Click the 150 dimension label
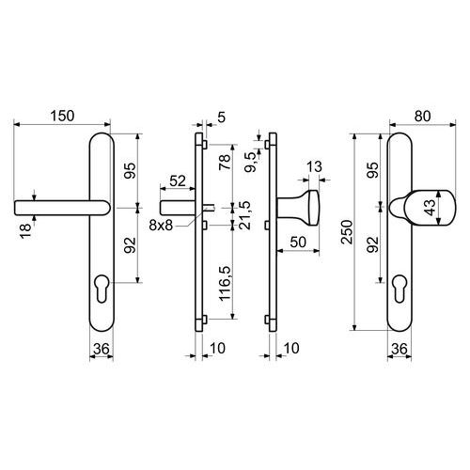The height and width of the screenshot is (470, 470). point(62,116)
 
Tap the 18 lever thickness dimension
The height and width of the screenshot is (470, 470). point(26,231)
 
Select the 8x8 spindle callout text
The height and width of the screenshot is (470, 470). point(161,225)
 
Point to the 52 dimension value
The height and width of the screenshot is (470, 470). point(178,180)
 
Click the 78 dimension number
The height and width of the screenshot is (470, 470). point(226,162)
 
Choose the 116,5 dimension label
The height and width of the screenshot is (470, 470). point(226,284)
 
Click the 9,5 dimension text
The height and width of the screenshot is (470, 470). point(251,162)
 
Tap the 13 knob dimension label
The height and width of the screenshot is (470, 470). point(314,166)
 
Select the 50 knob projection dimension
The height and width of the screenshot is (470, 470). point(298,242)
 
